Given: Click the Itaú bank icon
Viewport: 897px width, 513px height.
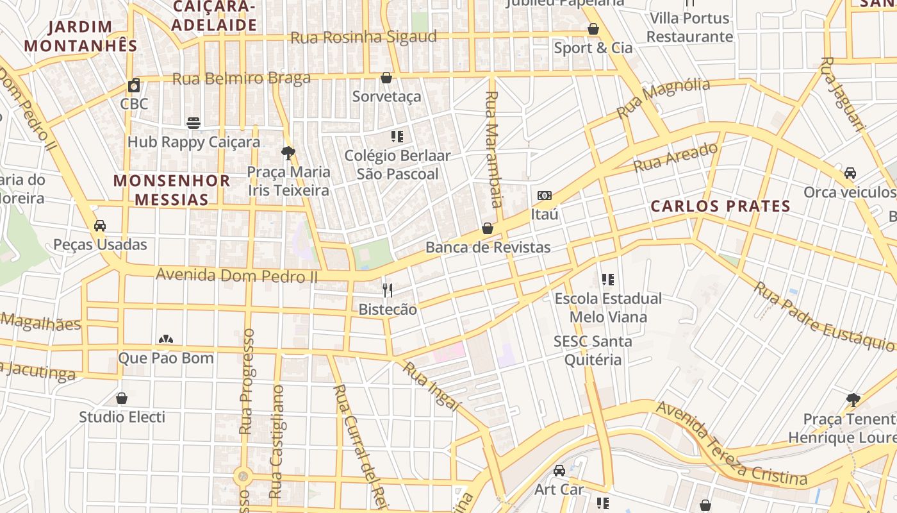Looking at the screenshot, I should [545, 196].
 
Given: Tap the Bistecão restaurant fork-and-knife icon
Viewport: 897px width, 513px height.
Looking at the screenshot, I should [387, 290].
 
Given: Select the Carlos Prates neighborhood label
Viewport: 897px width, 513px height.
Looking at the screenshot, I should [720, 206].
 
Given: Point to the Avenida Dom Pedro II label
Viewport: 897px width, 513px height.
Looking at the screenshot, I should [237, 275].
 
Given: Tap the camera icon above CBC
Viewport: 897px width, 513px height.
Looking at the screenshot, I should [134, 85].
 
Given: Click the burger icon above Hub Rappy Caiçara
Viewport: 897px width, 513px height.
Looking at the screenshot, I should [193, 122].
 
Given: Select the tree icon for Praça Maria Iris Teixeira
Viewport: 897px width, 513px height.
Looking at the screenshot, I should [288, 153].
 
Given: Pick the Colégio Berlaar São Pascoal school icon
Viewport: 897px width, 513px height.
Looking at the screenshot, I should [397, 137].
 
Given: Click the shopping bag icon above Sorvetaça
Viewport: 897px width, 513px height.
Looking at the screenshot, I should [386, 78].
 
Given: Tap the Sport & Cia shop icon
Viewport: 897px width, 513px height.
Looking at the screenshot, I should [593, 29].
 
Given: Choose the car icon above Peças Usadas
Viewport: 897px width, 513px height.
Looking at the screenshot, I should [100, 226].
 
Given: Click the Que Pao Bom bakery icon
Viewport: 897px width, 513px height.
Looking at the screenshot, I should [166, 339].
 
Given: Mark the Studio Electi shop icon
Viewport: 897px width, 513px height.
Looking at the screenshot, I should [122, 398].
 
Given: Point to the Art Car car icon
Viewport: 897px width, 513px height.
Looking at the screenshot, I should [559, 471].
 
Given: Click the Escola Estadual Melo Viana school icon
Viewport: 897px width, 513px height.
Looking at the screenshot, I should [608, 280].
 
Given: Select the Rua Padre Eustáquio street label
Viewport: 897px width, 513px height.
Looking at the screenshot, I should [824, 317].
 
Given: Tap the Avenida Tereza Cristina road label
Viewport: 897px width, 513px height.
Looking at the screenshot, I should [731, 444].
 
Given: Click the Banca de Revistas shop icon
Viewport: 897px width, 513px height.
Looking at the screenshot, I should [488, 228].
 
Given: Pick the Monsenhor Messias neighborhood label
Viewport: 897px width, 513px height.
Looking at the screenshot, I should [172, 190].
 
